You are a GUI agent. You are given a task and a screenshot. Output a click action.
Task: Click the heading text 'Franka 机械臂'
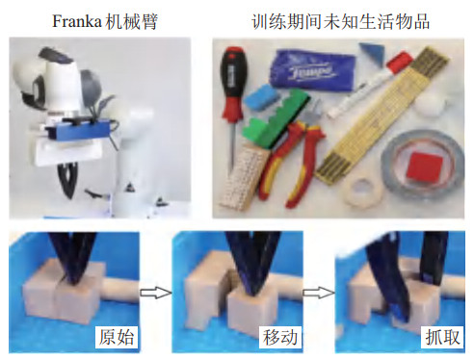(x=105, y=22)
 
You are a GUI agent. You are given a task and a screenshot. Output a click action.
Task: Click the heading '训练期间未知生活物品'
(x=341, y=22)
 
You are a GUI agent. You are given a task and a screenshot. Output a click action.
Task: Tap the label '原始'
(x=117, y=337)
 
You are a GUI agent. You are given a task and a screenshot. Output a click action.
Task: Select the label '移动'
(x=280, y=337)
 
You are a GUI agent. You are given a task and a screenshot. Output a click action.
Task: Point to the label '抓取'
(x=443, y=337)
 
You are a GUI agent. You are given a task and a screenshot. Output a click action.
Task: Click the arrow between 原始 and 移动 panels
(x=156, y=293)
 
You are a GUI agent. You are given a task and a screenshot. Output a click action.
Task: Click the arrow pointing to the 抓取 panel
(x=319, y=293)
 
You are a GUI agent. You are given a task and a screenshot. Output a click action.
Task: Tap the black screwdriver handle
(x=233, y=72)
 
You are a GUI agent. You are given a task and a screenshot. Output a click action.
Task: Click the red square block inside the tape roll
(x=424, y=167)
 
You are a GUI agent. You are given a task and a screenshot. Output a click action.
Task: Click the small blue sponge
(x=261, y=97)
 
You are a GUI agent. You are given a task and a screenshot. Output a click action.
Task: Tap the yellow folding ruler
(x=382, y=113)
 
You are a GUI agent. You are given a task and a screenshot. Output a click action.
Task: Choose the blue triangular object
(x=372, y=52)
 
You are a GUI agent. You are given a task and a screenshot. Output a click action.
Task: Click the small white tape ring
(x=362, y=192)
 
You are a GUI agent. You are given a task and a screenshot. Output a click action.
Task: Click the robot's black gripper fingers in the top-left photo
(x=68, y=179)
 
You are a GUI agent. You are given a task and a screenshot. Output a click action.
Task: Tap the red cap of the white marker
(x=399, y=63)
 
